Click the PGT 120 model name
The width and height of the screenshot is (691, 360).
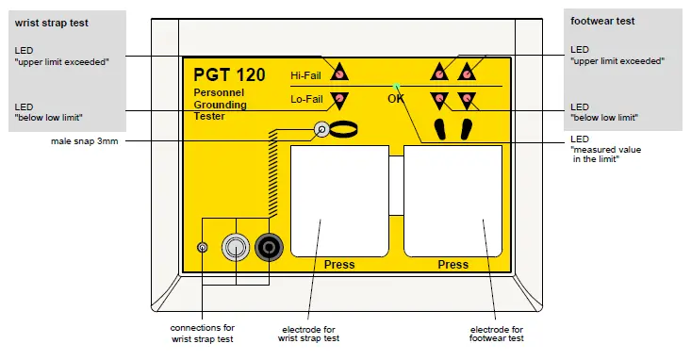click(229, 74)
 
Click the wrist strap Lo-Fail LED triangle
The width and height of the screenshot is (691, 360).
click(339, 99)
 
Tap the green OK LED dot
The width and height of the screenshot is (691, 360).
click(398, 85)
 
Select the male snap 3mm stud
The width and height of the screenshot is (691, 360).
click(321, 130)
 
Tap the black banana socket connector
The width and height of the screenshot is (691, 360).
click(270, 247)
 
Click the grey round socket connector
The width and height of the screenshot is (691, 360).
click(234, 247)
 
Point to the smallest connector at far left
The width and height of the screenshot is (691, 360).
click(202, 247)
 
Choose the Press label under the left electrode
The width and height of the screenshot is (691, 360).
click(339, 265)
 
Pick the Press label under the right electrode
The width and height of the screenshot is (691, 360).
click(452, 265)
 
